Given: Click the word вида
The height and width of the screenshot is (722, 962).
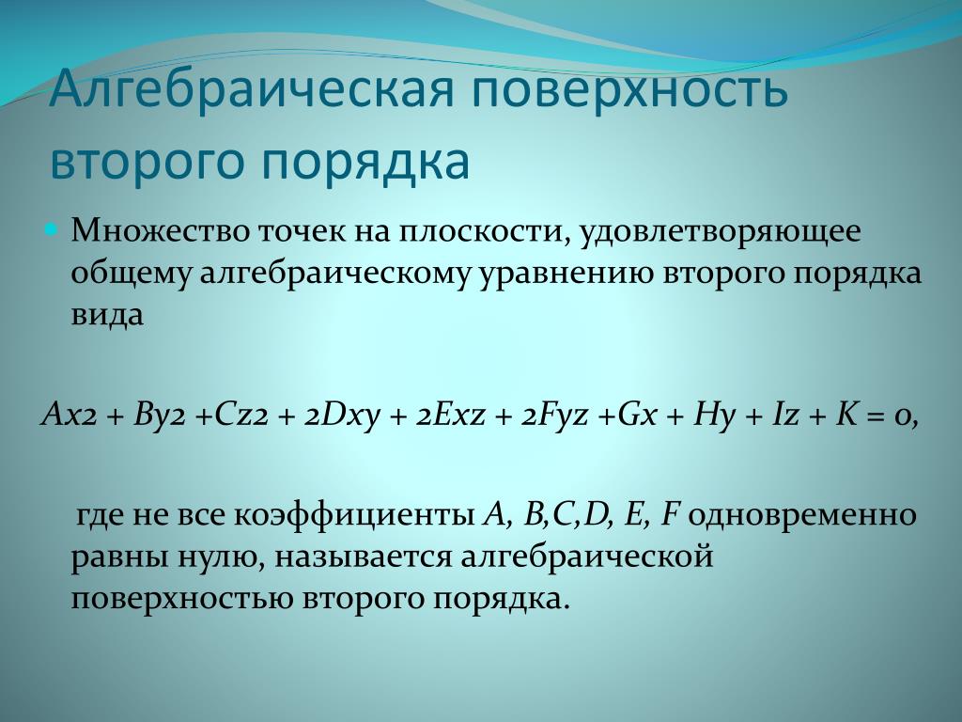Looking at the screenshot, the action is pos(107,314).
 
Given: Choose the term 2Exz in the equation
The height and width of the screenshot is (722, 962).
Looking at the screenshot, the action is pos(451,416).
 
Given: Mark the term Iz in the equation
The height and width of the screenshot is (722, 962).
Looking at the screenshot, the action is pos(785,416).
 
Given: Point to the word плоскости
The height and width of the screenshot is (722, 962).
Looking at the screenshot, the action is pos(480,232).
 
